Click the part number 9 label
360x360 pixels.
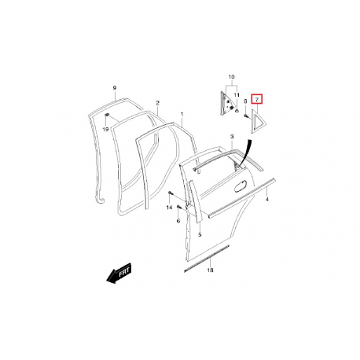[x=114, y=88]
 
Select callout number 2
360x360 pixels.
[x=157, y=103]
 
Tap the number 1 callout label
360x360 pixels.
[x=182, y=114]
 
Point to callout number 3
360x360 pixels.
[x=232, y=137]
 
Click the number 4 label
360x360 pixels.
[x=267, y=200]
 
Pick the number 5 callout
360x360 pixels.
[x=200, y=235]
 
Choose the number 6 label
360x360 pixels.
[x=178, y=221]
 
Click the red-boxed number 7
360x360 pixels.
[x=257, y=100]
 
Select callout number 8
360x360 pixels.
[x=245, y=101]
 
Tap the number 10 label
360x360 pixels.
[x=231, y=77]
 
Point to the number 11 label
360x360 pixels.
[x=237, y=95]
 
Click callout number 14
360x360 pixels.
[x=169, y=208]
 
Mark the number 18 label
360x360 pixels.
[x=210, y=270]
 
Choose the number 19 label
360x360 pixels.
[x=105, y=130]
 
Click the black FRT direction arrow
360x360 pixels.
[x=119, y=274]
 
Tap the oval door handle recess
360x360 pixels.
[x=241, y=186]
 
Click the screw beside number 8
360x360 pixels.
[x=246, y=116]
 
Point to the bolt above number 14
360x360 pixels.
[x=171, y=193]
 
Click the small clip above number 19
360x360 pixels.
[x=107, y=115]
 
